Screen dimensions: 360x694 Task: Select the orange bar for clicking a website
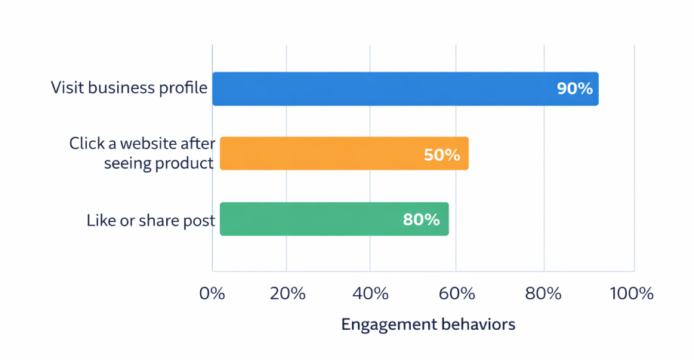coord(344,153)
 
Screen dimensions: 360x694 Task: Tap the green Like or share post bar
coord(334,219)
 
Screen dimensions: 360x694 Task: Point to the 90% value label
coord(575,88)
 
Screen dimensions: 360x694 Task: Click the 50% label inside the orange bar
coord(441,154)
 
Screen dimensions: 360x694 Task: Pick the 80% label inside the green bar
coord(421,220)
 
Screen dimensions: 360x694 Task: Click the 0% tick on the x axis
coord(212,294)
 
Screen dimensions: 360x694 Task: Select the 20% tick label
coord(286,294)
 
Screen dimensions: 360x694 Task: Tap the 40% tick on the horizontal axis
coord(370,294)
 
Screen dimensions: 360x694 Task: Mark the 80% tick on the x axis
coord(544,294)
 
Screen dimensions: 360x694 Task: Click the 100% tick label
coord(631,294)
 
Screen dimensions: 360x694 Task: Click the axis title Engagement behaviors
coord(428,325)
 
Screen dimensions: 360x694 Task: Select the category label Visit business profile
coord(129,88)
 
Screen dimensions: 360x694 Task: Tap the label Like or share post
coord(151,221)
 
